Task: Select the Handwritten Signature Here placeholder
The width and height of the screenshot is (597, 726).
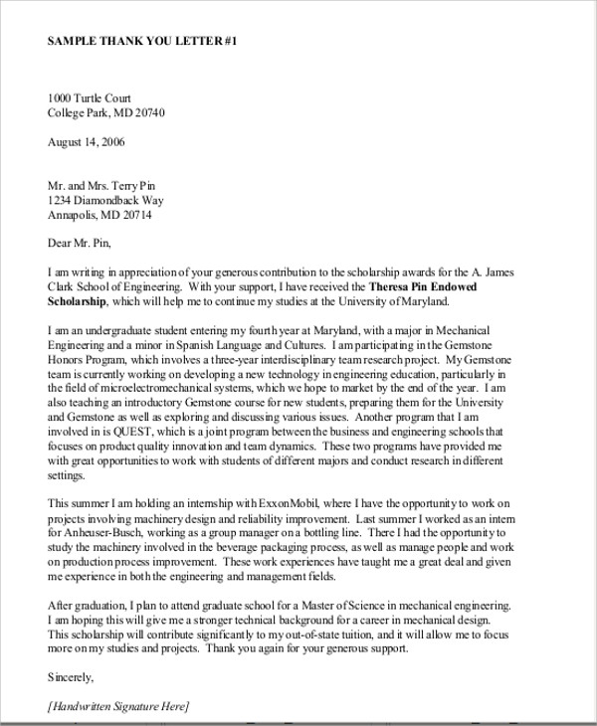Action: [117, 706]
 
